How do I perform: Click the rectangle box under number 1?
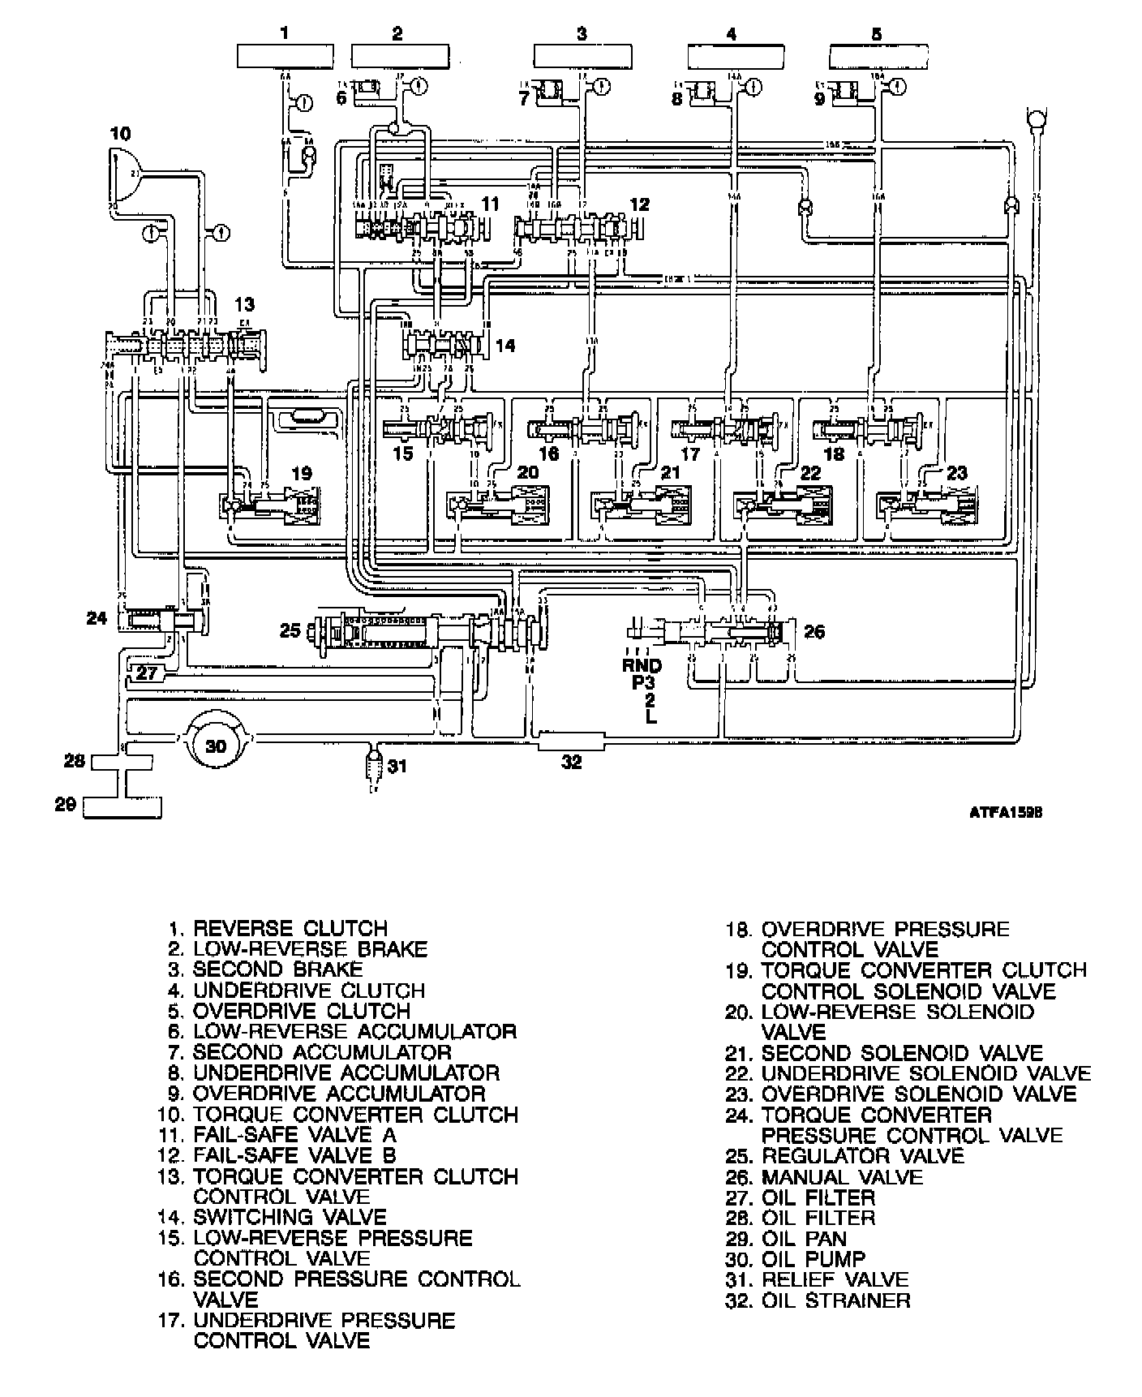(284, 57)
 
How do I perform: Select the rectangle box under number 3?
(582, 57)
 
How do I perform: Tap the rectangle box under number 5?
(879, 57)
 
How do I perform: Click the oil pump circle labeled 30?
(216, 743)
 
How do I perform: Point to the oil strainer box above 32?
(572, 740)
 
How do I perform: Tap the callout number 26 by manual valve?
(814, 631)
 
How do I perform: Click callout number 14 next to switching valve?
(504, 346)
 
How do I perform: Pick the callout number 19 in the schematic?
(301, 473)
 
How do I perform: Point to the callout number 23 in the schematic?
(957, 473)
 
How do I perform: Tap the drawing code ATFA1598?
(1004, 812)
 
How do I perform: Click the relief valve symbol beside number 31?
(373, 764)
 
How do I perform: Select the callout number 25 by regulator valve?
(290, 630)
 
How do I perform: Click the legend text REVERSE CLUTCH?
(290, 928)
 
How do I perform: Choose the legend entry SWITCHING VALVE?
(290, 1217)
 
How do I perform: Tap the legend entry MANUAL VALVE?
(842, 1176)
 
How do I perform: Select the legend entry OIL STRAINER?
(835, 1300)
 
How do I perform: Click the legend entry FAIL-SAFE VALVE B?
(294, 1155)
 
